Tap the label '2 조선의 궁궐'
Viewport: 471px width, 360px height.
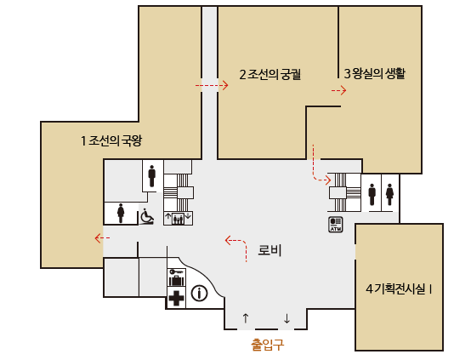pos(271,75)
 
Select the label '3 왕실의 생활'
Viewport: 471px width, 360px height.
pos(374,74)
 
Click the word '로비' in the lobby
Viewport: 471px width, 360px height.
pos(270,251)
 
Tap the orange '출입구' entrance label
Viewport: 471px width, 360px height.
pos(267,345)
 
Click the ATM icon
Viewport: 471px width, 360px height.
pos(335,225)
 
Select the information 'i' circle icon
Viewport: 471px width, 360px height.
pos(200,294)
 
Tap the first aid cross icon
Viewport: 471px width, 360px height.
pos(176,298)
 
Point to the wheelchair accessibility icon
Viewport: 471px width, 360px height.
pos(146,217)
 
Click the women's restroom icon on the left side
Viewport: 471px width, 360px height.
pos(121,213)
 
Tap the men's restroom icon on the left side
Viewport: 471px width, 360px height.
pos(152,175)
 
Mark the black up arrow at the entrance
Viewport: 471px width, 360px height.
pos(246,319)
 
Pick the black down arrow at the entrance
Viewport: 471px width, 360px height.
pos(287,319)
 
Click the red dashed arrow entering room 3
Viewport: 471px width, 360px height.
pos(338,89)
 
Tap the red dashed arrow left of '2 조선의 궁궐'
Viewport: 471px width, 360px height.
pos(212,86)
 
